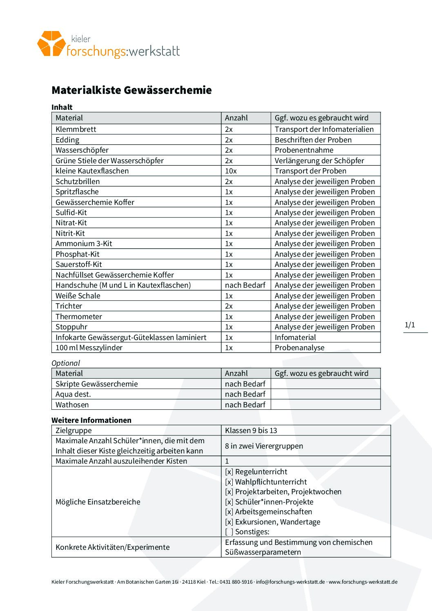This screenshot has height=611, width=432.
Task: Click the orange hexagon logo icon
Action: click(51, 43)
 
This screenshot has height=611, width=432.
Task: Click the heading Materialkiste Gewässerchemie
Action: click(131, 90)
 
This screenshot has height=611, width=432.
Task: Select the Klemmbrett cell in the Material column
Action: click(76, 129)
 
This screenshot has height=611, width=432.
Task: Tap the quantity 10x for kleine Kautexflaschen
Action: click(231, 171)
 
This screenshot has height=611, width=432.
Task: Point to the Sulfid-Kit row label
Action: click(71, 213)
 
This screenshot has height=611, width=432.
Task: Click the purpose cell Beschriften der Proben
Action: click(313, 140)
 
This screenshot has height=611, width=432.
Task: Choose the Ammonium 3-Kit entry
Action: click(84, 244)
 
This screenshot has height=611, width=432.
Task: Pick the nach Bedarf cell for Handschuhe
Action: click(245, 285)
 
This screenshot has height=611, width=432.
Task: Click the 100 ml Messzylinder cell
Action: click(89, 348)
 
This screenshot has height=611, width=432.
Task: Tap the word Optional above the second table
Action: click(66, 363)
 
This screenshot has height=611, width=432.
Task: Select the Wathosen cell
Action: click(72, 405)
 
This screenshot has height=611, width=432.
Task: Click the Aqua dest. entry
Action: click(73, 394)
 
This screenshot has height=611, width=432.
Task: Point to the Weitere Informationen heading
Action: click(91, 420)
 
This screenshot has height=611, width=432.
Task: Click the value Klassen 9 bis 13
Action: click(251, 431)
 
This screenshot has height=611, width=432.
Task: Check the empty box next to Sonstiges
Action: click(229, 532)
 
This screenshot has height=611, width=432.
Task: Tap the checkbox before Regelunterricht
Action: click(229, 472)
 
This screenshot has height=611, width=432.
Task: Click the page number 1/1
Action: click(410, 325)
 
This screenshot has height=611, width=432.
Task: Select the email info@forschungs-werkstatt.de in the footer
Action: click(290, 582)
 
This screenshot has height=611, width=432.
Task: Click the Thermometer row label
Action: click(79, 317)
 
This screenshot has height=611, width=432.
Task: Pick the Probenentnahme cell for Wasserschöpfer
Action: click(304, 150)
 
